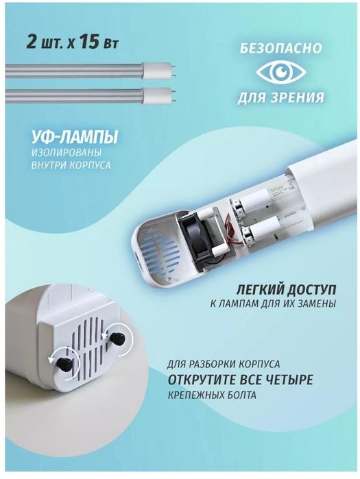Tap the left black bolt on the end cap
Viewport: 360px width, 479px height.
click(x=64, y=363)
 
